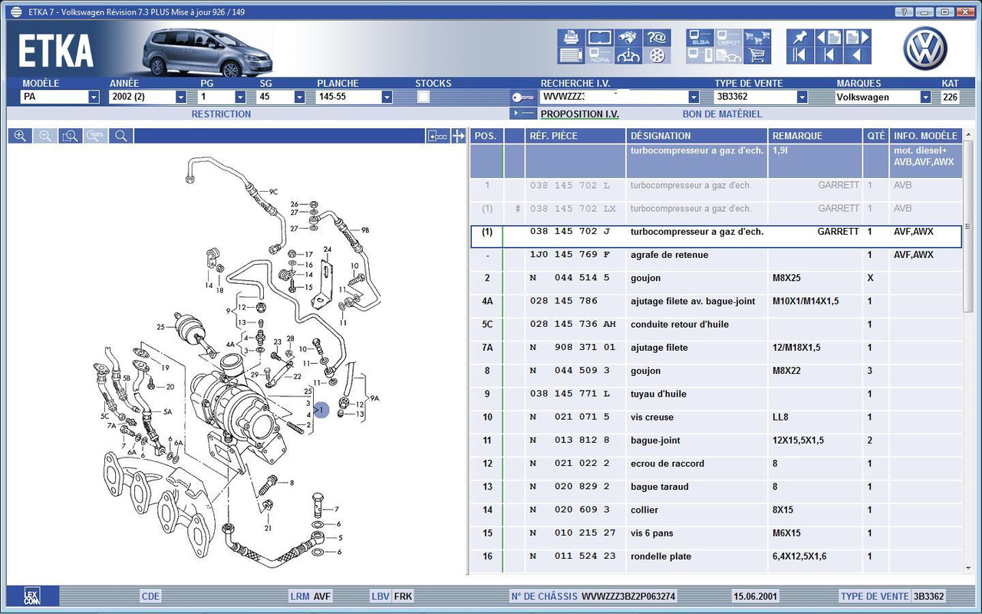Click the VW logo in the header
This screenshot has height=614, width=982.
[925, 48]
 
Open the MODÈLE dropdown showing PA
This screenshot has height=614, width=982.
[94, 97]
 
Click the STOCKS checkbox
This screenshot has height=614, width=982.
[423, 97]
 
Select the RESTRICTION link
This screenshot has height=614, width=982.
[221, 114]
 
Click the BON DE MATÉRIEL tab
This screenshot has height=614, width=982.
[722, 114]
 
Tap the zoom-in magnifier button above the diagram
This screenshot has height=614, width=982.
[20, 136]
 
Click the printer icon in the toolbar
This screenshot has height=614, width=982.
[571, 38]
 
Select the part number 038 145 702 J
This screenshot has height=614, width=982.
[570, 231]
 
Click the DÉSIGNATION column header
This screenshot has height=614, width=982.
[661, 136]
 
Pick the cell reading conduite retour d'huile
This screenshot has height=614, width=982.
[680, 324]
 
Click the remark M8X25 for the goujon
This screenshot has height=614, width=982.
[786, 278]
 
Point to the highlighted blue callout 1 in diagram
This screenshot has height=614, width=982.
[321, 410]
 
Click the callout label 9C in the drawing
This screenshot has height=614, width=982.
[273, 192]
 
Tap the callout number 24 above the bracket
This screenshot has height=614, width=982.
[328, 249]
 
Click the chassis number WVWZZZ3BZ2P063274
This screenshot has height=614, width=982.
[628, 596]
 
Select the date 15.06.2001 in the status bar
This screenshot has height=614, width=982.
[756, 596]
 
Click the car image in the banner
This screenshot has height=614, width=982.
[207, 53]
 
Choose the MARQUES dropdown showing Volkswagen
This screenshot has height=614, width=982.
[925, 97]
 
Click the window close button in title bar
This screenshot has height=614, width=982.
[965, 12]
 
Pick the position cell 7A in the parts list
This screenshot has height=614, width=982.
[487, 348]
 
